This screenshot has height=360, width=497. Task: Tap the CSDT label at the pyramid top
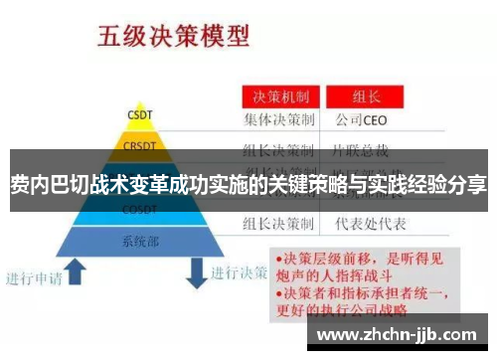pyautogui.click(x=138, y=114)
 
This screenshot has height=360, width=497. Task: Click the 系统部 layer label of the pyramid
pyautogui.click(x=138, y=240)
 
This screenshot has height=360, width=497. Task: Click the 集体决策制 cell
pyautogui.click(x=280, y=120)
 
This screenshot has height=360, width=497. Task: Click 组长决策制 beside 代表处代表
pyautogui.click(x=280, y=223)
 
